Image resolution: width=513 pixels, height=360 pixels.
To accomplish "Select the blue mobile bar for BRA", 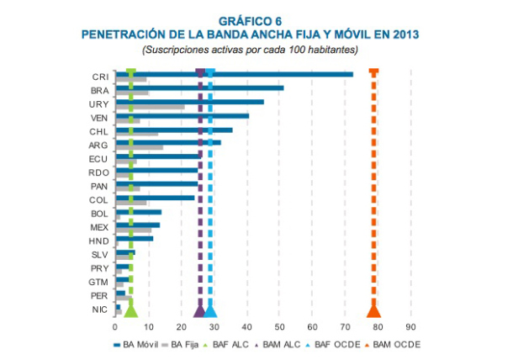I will pyautogui.click(x=202, y=87).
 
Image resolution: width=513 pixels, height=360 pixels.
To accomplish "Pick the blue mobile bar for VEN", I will pyautogui.click(x=185, y=115).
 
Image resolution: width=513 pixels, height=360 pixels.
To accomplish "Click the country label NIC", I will pyautogui.click(x=99, y=310).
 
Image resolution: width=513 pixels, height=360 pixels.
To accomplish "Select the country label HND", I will pyautogui.click(x=98, y=241).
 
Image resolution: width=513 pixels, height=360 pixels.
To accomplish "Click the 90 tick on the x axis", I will pyautogui.click(x=410, y=326).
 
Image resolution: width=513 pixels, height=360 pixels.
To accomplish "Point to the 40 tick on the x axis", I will pyautogui.click(x=246, y=326).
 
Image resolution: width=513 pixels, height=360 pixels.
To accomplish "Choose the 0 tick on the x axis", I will pyautogui.click(x=115, y=326).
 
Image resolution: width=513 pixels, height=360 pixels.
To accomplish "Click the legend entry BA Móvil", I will pyautogui.click(x=137, y=345).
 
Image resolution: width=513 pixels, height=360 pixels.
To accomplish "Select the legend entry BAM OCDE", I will pyautogui.click(x=393, y=345).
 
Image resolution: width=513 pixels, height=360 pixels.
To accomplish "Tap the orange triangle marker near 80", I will pyautogui.click(x=373, y=311).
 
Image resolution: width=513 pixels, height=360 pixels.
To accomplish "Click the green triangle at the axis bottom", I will pyautogui.click(x=130, y=311).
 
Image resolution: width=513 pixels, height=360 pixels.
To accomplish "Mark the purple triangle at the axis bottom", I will pyautogui.click(x=199, y=311).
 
